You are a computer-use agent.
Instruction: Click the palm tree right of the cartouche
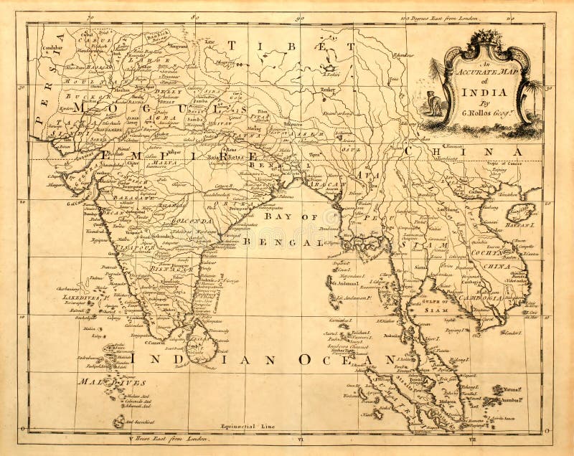(x=532, y=90)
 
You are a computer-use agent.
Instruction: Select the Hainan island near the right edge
(x=522, y=212)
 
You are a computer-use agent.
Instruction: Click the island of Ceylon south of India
(x=202, y=343)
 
